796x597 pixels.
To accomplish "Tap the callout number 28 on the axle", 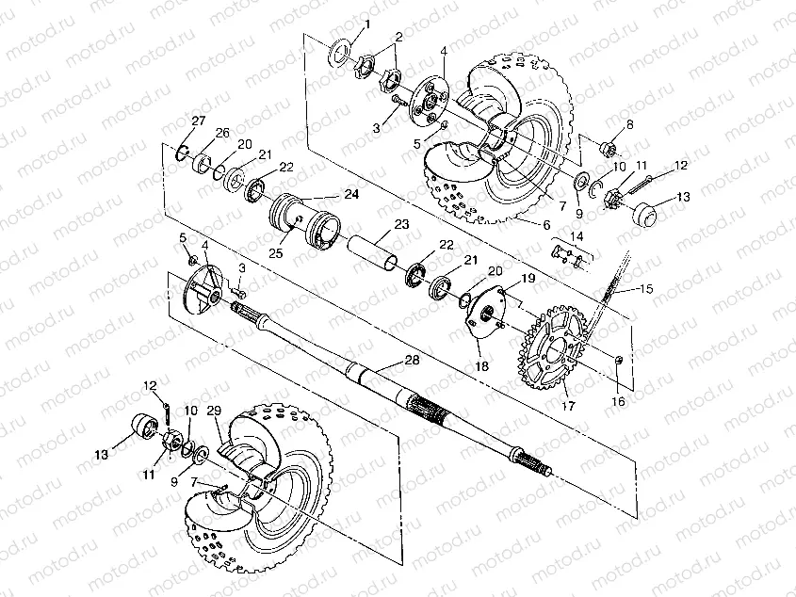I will tap(411, 361).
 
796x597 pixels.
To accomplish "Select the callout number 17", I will tap(567, 406).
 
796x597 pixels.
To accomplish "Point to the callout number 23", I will tap(402, 225).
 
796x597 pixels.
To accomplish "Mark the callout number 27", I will tap(198, 120).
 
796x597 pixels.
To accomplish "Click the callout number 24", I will tap(351, 195).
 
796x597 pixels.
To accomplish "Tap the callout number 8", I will tap(628, 124).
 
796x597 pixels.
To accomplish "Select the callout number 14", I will tap(577, 235).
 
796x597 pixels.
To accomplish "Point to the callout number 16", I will tap(617, 401).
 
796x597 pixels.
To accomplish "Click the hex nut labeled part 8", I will tap(609, 147).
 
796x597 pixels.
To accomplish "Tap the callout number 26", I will tap(221, 132).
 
